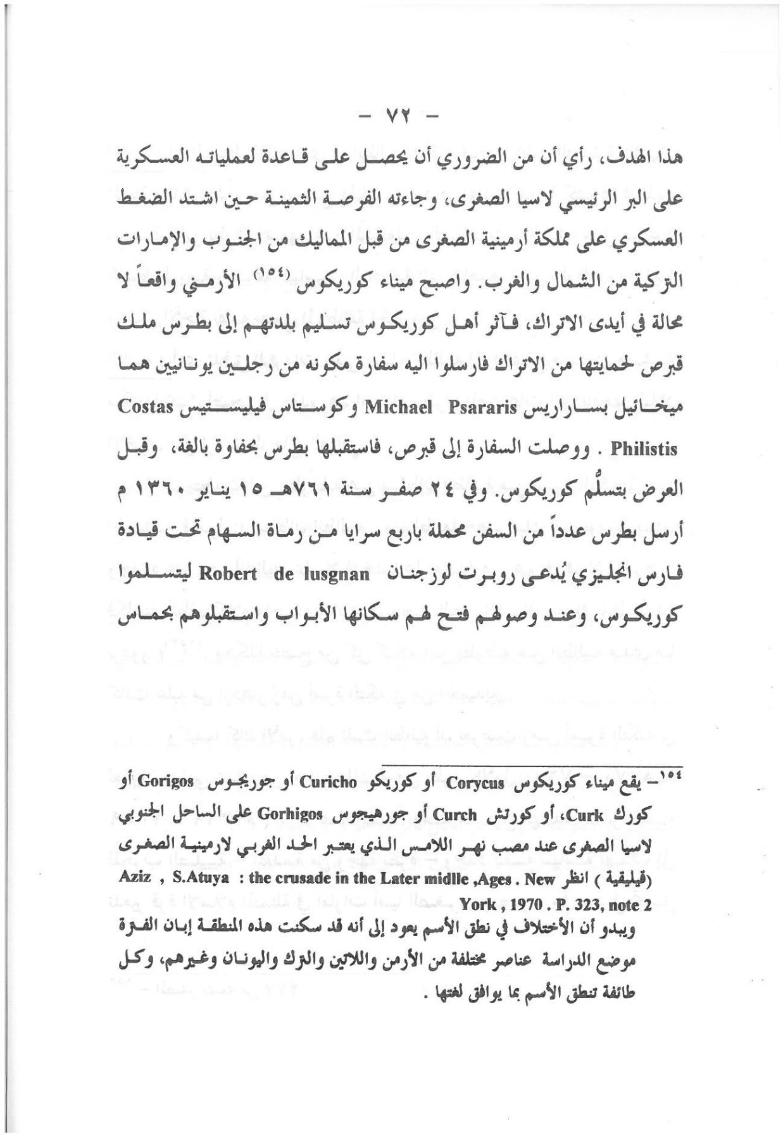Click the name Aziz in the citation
point(135,879)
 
